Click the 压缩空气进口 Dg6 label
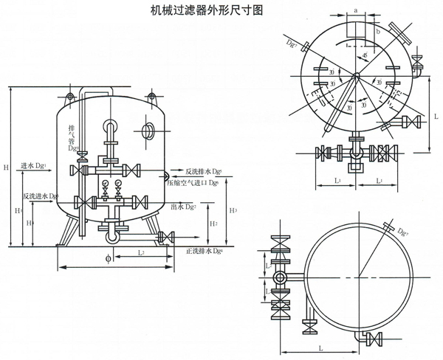coord(193,181)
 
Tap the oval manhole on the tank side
coord(147,131)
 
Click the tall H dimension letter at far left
coord(6,169)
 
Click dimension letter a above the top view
coord(357,10)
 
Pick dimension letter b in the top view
coord(377,32)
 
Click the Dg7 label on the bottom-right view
coord(402,234)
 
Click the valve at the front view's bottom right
coord(165,237)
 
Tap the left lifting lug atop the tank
coord(70,97)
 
